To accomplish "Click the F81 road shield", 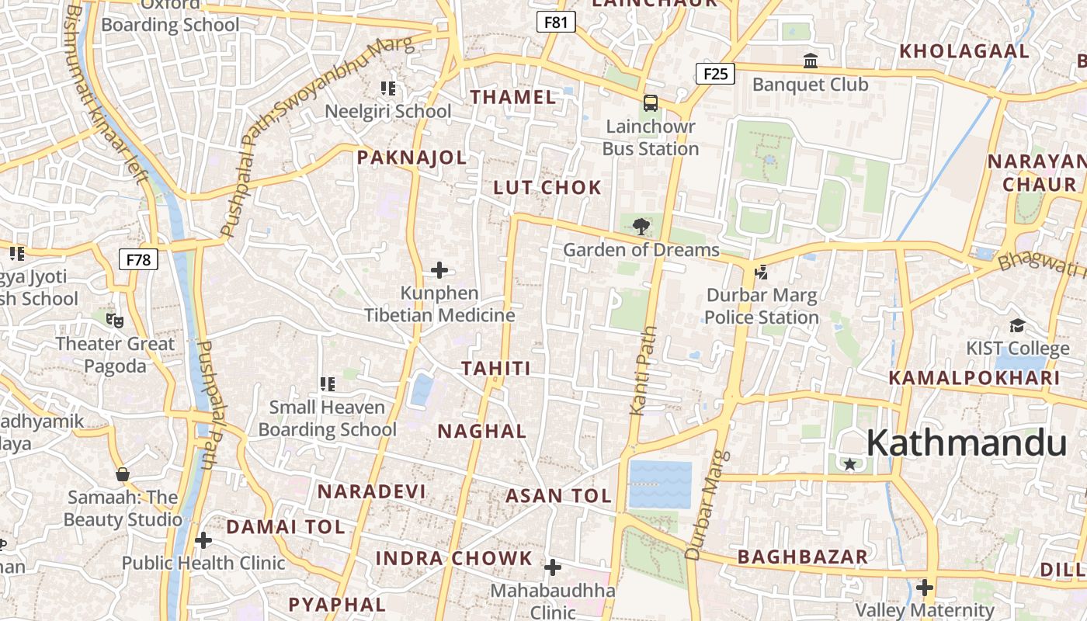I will pos(556,23).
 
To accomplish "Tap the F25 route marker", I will pos(715,74).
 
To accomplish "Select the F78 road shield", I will pos(138,259).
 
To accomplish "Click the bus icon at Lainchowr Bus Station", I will pos(651,102).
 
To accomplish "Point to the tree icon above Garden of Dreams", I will pos(641,227).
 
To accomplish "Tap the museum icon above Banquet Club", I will pos(811,61).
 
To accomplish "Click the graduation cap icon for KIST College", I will pos(1017,325).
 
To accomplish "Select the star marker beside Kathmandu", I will pos(850,464).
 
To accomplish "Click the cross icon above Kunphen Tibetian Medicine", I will pos(439,270).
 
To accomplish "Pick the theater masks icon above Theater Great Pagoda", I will pos(115,320).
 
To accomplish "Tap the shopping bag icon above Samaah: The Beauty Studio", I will pos(122,474).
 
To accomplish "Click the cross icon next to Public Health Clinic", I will pos(203,539).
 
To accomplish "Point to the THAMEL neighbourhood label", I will pos(513,97).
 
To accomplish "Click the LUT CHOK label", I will pos(547,187).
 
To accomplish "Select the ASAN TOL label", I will pos(558,496).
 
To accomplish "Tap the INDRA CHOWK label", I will pos(454,558).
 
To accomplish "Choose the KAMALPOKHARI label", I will pos(974,378).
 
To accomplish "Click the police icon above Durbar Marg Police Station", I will pos(761,272).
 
